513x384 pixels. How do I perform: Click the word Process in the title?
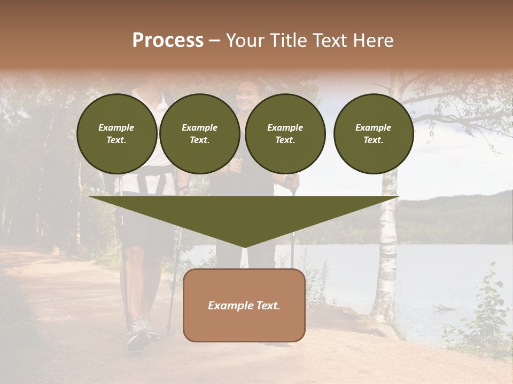pyautogui.click(x=168, y=41)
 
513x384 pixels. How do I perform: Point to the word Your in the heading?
pyautogui.click(x=245, y=41)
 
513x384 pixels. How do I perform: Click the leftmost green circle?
pyautogui.click(x=117, y=134)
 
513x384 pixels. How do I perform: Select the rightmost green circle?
pyautogui.click(x=374, y=134)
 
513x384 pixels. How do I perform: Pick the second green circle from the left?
pyautogui.click(x=199, y=134)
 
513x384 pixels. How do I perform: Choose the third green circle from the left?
pyautogui.click(x=285, y=134)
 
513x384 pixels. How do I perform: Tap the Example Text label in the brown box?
pyautogui.click(x=244, y=306)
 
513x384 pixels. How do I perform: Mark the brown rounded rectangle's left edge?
pyautogui.click(x=184, y=305)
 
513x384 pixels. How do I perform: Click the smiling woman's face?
pyautogui.click(x=246, y=96)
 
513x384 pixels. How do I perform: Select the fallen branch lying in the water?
pyautogui.click(x=445, y=308)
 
